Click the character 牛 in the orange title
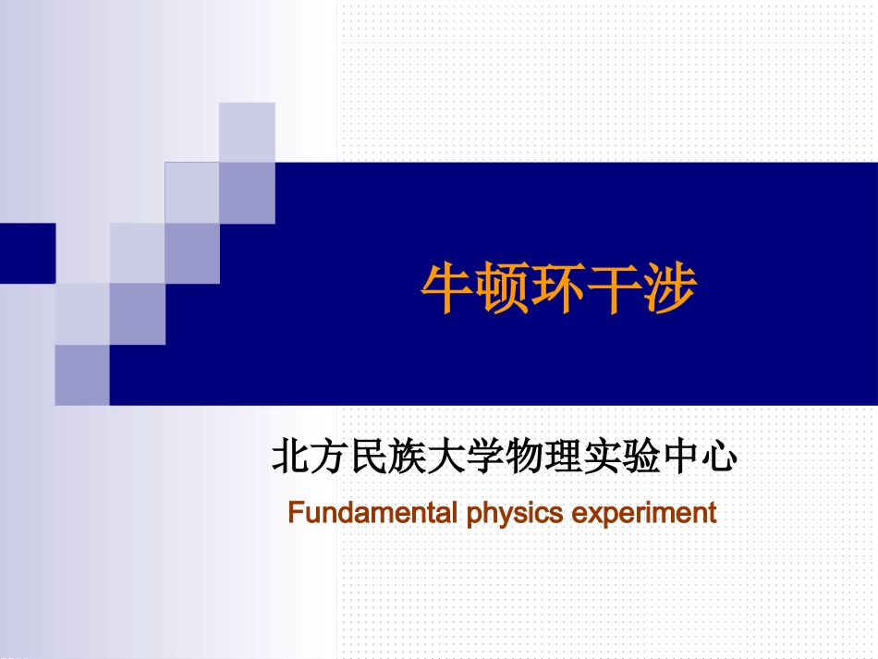449,290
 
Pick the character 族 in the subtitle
409,458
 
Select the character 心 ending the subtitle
718,458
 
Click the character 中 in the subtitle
680,458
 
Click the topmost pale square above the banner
247,131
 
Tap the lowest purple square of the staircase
82,374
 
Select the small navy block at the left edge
27,252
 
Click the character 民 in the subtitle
369,458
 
